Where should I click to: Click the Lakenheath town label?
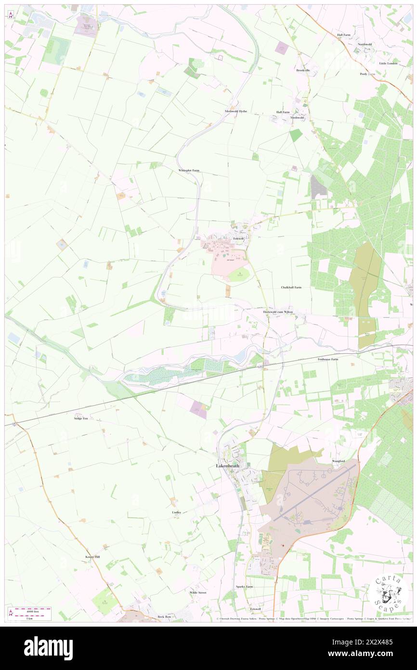pyautogui.click(x=226, y=466)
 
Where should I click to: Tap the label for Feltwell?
pyautogui.click(x=239, y=239)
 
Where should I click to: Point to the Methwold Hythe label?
pyautogui.click(x=236, y=111)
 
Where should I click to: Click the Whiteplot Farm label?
pyautogui.click(x=188, y=171)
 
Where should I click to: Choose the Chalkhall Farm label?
pyautogui.click(x=291, y=287)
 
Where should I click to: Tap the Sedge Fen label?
pyautogui.click(x=81, y=418)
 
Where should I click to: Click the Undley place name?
pyautogui.click(x=176, y=512)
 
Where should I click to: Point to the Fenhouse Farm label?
pyautogui.click(x=328, y=359)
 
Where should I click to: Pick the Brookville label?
pyautogui.click(x=303, y=70)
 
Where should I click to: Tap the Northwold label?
pyautogui.click(x=365, y=44)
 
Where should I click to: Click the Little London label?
pyautogui.click(x=389, y=63)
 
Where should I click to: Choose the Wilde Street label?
pyautogui.click(x=197, y=592)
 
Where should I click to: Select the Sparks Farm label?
pyautogui.click(x=244, y=587)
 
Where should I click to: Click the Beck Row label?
pyautogui.click(x=164, y=616)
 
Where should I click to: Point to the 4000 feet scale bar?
pyautogui.click(x=33, y=609)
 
